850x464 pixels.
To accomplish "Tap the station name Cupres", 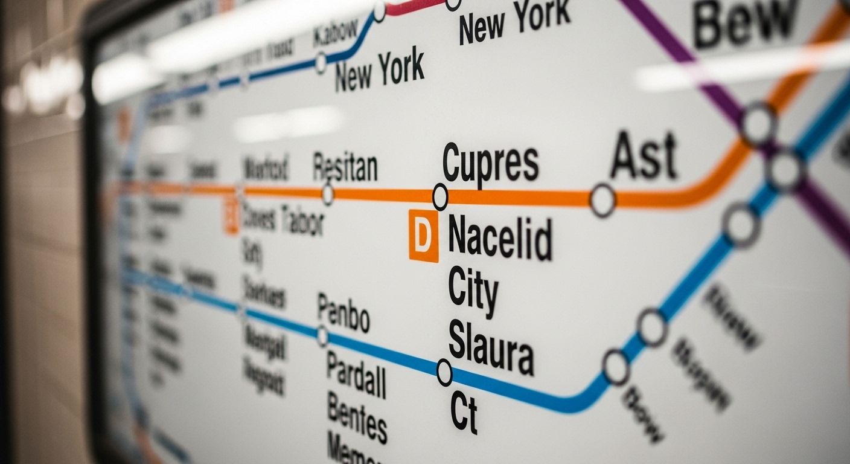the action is click(490, 163).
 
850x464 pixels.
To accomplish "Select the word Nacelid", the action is click(500, 239).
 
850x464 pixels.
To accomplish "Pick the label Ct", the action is click(464, 413).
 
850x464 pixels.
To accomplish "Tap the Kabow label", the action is click(336, 34).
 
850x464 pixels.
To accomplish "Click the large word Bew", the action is click(744, 24).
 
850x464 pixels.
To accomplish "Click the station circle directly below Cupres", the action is click(440, 197).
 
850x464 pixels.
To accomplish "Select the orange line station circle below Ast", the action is click(602, 201).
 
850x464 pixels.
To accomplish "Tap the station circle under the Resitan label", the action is click(328, 195).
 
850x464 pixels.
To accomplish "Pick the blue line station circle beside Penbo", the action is click(322, 335).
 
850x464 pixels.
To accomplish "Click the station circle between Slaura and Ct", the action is click(444, 373).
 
